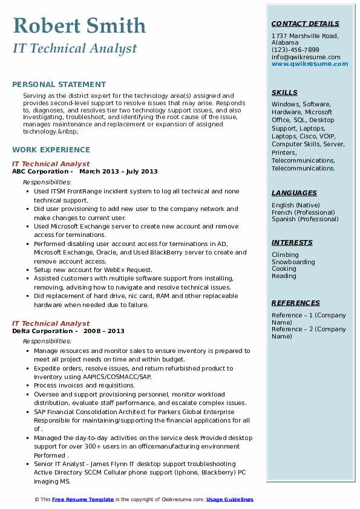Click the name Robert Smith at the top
(79, 25)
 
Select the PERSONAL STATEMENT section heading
(59, 85)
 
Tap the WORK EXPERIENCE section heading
(51, 150)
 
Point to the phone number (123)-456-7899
(295, 50)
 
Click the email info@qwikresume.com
(306, 57)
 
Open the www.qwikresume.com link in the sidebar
(306, 63)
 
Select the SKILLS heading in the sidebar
(284, 92)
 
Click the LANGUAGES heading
(294, 193)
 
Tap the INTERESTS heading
(292, 242)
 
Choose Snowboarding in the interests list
(293, 262)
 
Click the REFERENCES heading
(296, 303)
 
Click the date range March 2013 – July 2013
(119, 172)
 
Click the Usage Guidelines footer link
(230, 500)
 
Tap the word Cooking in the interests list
(284, 269)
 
